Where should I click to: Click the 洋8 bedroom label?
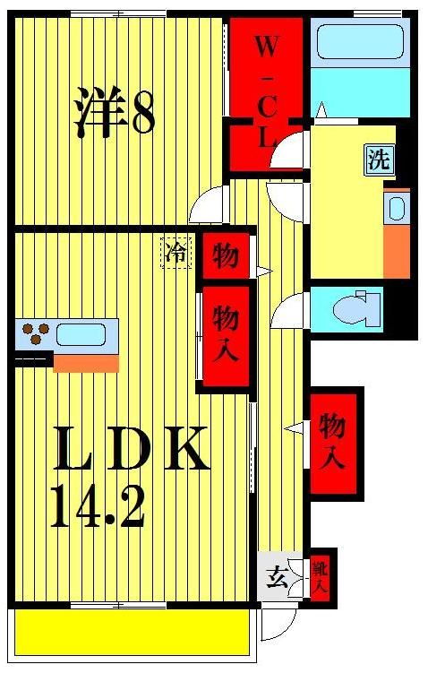point(114,111)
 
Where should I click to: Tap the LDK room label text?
point(132,451)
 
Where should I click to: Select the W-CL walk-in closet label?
point(265,90)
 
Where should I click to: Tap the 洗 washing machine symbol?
point(379,160)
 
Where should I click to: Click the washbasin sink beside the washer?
point(396,209)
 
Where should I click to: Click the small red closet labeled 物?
point(225,257)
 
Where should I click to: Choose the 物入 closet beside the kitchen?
point(225,333)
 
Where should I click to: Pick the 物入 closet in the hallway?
point(332,440)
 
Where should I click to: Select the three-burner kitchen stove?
point(33,334)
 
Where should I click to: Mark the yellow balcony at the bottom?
point(131,632)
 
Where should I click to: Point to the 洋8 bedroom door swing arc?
point(208,206)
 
